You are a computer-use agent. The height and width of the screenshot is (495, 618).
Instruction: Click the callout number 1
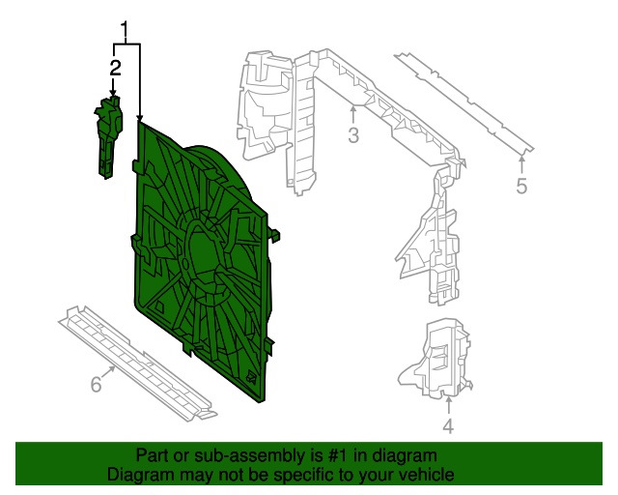[125, 30]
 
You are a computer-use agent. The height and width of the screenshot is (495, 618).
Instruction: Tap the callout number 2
[115, 68]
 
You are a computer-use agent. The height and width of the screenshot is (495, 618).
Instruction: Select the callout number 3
[353, 135]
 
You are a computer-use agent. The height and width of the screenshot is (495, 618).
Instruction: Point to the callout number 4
[448, 426]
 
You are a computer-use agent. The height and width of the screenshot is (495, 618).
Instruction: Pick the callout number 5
[521, 186]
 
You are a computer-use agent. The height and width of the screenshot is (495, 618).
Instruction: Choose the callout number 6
[97, 384]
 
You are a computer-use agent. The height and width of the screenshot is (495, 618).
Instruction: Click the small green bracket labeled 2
[108, 137]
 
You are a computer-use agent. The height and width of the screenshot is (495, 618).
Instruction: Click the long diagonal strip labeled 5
[464, 102]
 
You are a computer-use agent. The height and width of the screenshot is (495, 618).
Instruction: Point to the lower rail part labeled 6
[137, 362]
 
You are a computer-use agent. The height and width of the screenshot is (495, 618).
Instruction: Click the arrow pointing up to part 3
[353, 114]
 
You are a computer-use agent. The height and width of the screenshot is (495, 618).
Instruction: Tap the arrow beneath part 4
[448, 406]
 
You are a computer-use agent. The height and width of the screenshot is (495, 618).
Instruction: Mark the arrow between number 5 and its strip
[521, 164]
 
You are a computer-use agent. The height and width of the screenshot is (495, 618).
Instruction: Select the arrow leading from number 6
[108, 372]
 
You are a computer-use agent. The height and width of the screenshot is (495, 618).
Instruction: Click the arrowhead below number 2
[114, 93]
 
